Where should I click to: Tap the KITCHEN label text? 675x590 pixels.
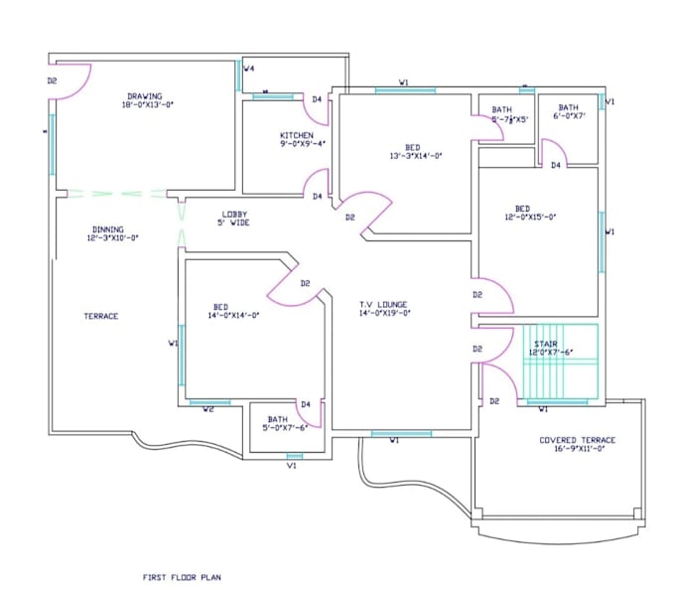(x=296, y=135)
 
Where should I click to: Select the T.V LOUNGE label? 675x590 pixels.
(x=383, y=304)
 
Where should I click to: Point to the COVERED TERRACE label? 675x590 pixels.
(x=577, y=440)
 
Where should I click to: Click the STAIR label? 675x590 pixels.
(x=546, y=343)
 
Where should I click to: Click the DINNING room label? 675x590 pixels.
(x=109, y=227)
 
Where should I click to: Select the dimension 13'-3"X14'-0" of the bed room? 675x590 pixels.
(x=415, y=156)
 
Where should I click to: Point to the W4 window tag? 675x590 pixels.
(x=250, y=69)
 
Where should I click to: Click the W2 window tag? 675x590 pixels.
(x=208, y=408)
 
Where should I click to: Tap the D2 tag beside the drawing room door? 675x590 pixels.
(x=52, y=80)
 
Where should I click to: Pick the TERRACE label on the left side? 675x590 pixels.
(x=100, y=316)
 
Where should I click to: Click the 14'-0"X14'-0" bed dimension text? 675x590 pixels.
(x=233, y=316)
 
